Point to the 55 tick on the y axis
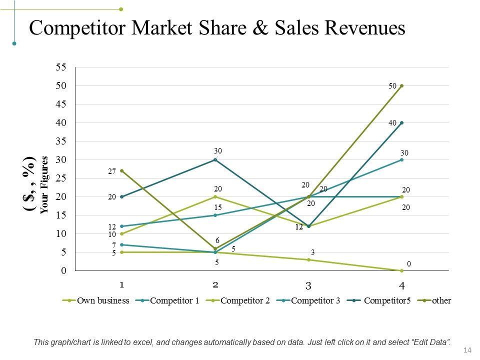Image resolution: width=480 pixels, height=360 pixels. (60, 67)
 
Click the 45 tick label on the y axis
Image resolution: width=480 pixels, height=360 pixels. (60, 104)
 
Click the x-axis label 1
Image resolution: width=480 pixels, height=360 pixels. (122, 284)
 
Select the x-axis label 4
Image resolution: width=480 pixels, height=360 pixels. (401, 286)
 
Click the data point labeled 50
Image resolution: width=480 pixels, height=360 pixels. (401, 85)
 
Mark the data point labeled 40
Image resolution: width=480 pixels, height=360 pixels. (401, 122)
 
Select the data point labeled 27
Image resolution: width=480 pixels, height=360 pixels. (122, 170)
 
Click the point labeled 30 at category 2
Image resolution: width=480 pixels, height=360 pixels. (215, 159)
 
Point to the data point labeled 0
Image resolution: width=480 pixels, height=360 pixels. (401, 270)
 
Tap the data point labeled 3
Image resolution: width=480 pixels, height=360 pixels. (308, 259)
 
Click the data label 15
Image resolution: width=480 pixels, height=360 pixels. (217, 206)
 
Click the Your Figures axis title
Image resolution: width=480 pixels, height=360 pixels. (44, 185)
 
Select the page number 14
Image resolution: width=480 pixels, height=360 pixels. (468, 349)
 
